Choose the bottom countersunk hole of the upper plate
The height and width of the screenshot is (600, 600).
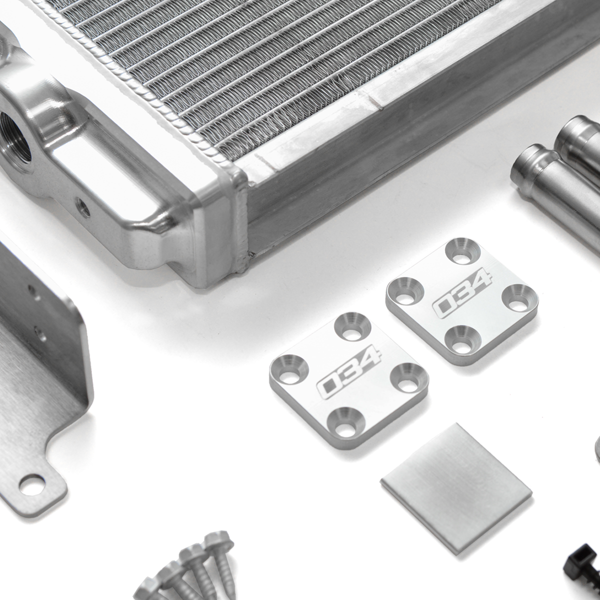click(459, 337)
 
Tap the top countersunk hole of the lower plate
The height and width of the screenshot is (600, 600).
click(353, 327)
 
